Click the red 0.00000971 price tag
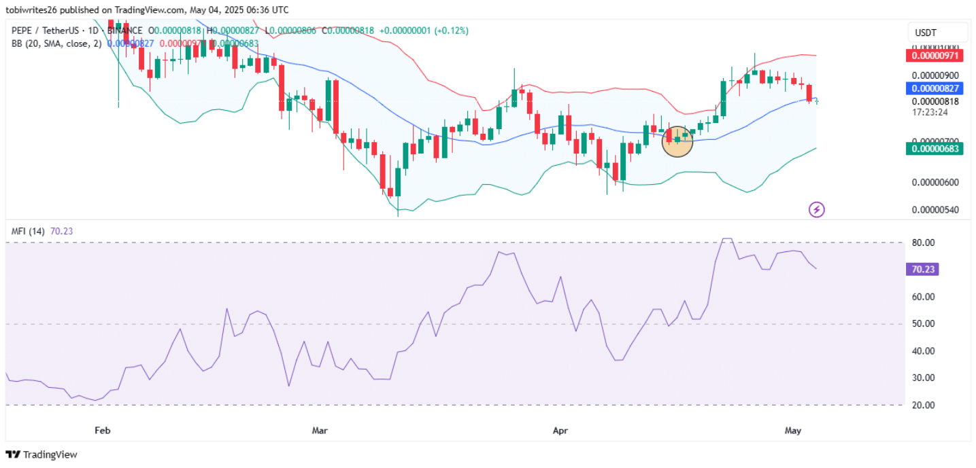click(933, 55)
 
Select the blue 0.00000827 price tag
click(933, 88)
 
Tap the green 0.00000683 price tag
click(933, 149)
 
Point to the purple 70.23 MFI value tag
click(923, 270)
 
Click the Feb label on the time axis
click(102, 430)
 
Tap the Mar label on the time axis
click(320, 430)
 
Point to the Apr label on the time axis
click(560, 430)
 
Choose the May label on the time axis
click(792, 430)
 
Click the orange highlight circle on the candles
click(677, 141)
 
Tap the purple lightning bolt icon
click(816, 209)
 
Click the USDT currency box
click(938, 33)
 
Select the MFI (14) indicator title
click(29, 232)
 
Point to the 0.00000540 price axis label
click(935, 210)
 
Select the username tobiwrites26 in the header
click(34, 10)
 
